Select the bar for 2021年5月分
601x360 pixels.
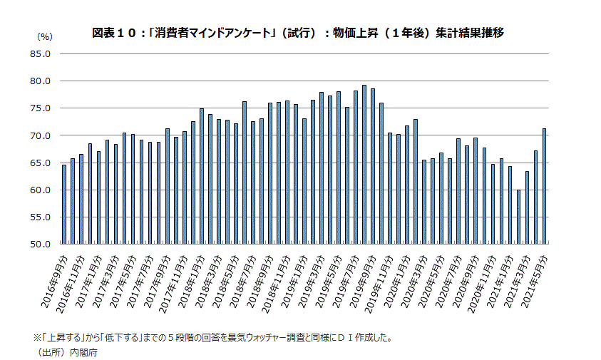(x=545, y=186)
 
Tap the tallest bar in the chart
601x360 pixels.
(x=364, y=165)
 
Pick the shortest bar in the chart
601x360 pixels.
(x=518, y=217)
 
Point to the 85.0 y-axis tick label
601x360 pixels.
(x=40, y=53)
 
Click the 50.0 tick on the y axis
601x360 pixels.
(x=40, y=245)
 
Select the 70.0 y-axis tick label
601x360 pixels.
(x=40, y=135)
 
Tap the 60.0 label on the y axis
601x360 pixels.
(x=40, y=190)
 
